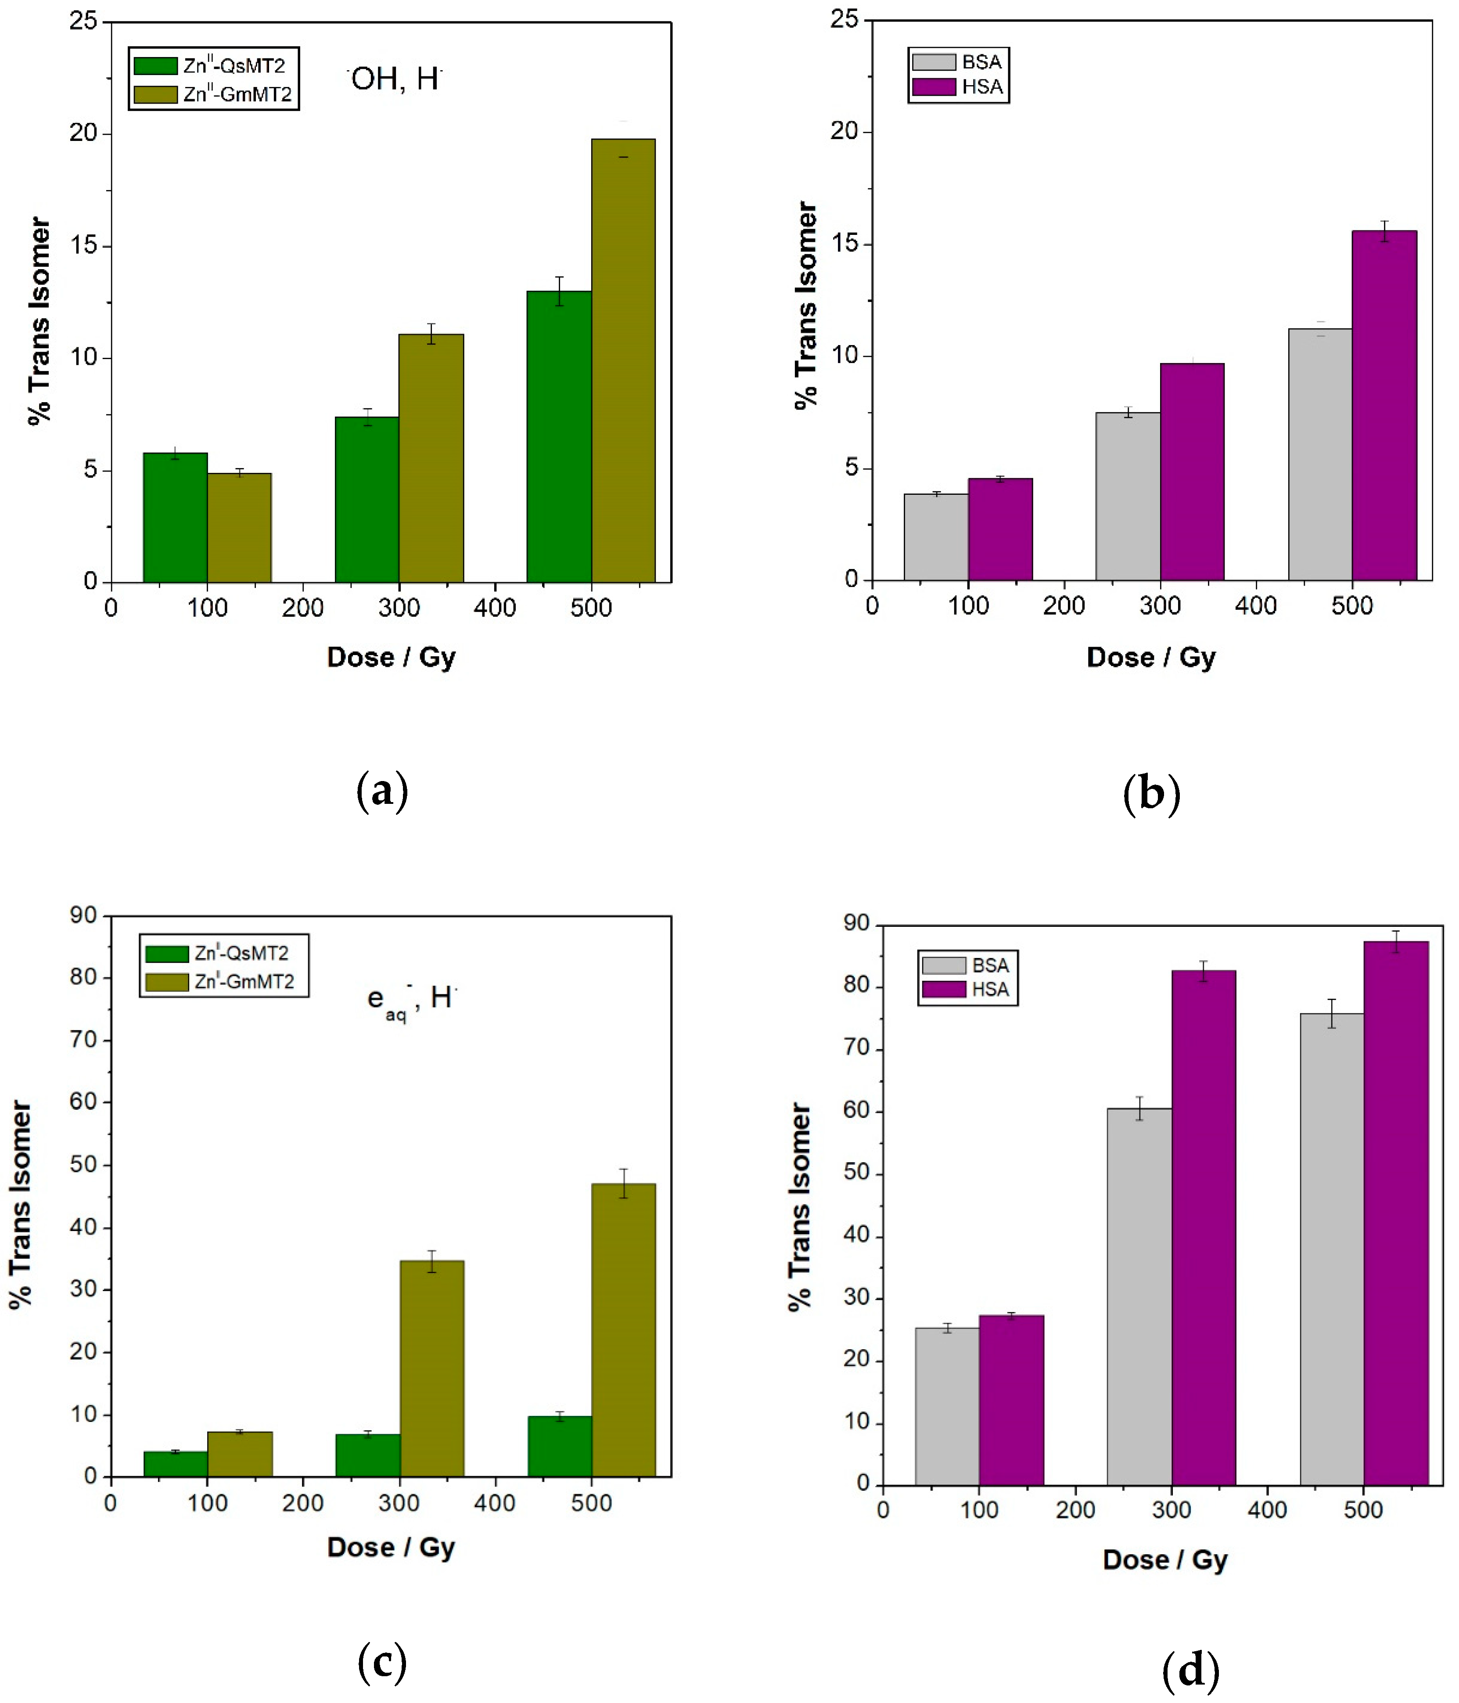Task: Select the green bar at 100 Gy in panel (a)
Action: pos(175,517)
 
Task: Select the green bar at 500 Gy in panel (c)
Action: pos(560,1447)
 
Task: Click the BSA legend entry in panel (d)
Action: pos(968,965)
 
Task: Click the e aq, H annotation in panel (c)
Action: pos(411,999)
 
